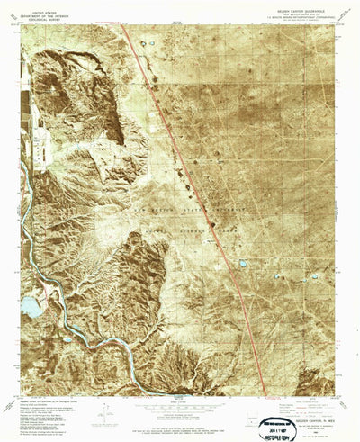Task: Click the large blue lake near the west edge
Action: point(30,308)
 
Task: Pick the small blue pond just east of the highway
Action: point(243,264)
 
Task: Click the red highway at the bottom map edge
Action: point(266,392)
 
